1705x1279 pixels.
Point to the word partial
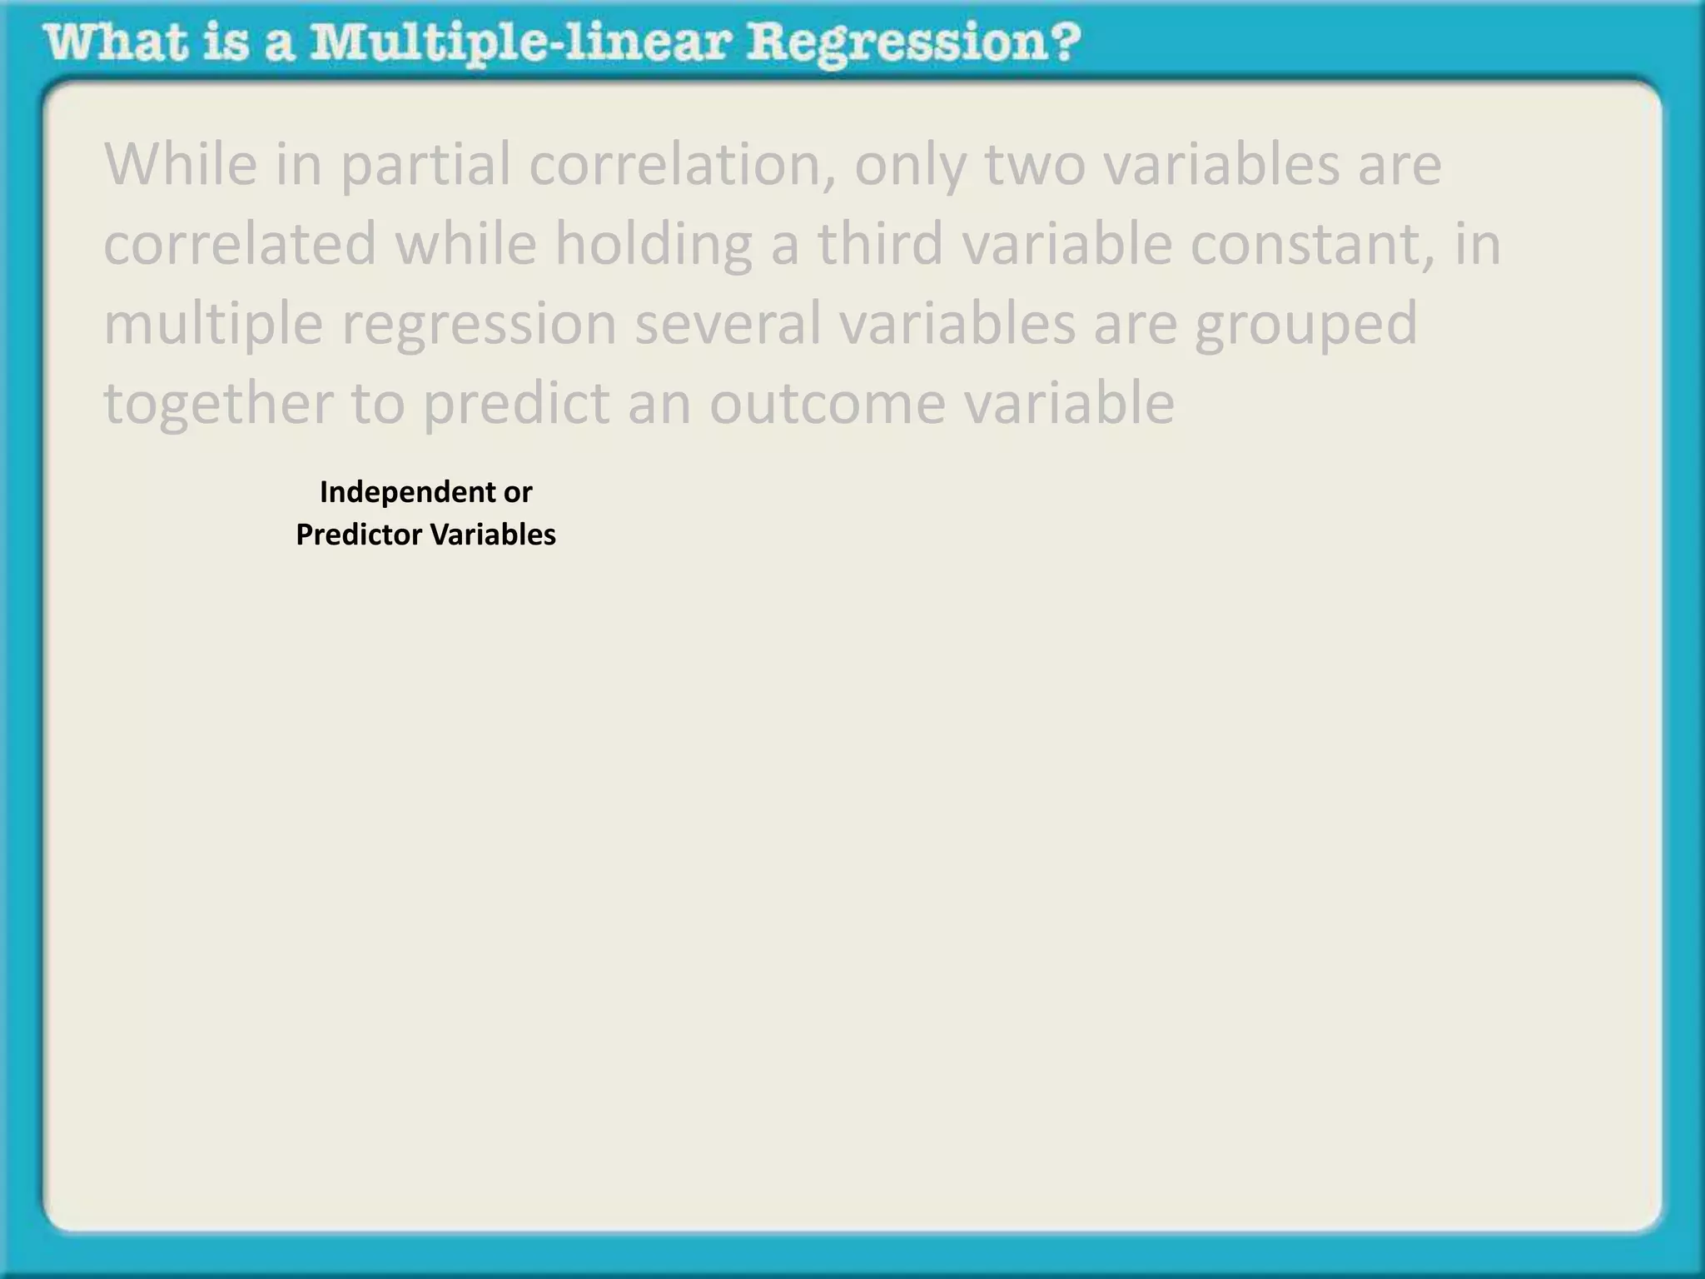pyautogui.click(x=425, y=165)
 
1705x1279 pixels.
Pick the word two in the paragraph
pyautogui.click(x=1035, y=165)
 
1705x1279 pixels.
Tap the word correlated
pyautogui.click(x=240, y=244)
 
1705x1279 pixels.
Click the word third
pyautogui.click(x=880, y=244)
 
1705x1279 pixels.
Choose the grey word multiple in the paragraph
pyautogui.click(x=213, y=325)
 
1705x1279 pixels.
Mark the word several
pyautogui.click(x=728, y=323)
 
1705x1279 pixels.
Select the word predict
pyautogui.click(x=516, y=404)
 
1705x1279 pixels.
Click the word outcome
pyautogui.click(x=827, y=404)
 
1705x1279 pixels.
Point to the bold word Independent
pyautogui.click(x=407, y=492)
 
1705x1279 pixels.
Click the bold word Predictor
pyautogui.click(x=359, y=535)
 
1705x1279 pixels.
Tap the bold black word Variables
pyautogui.click(x=493, y=535)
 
